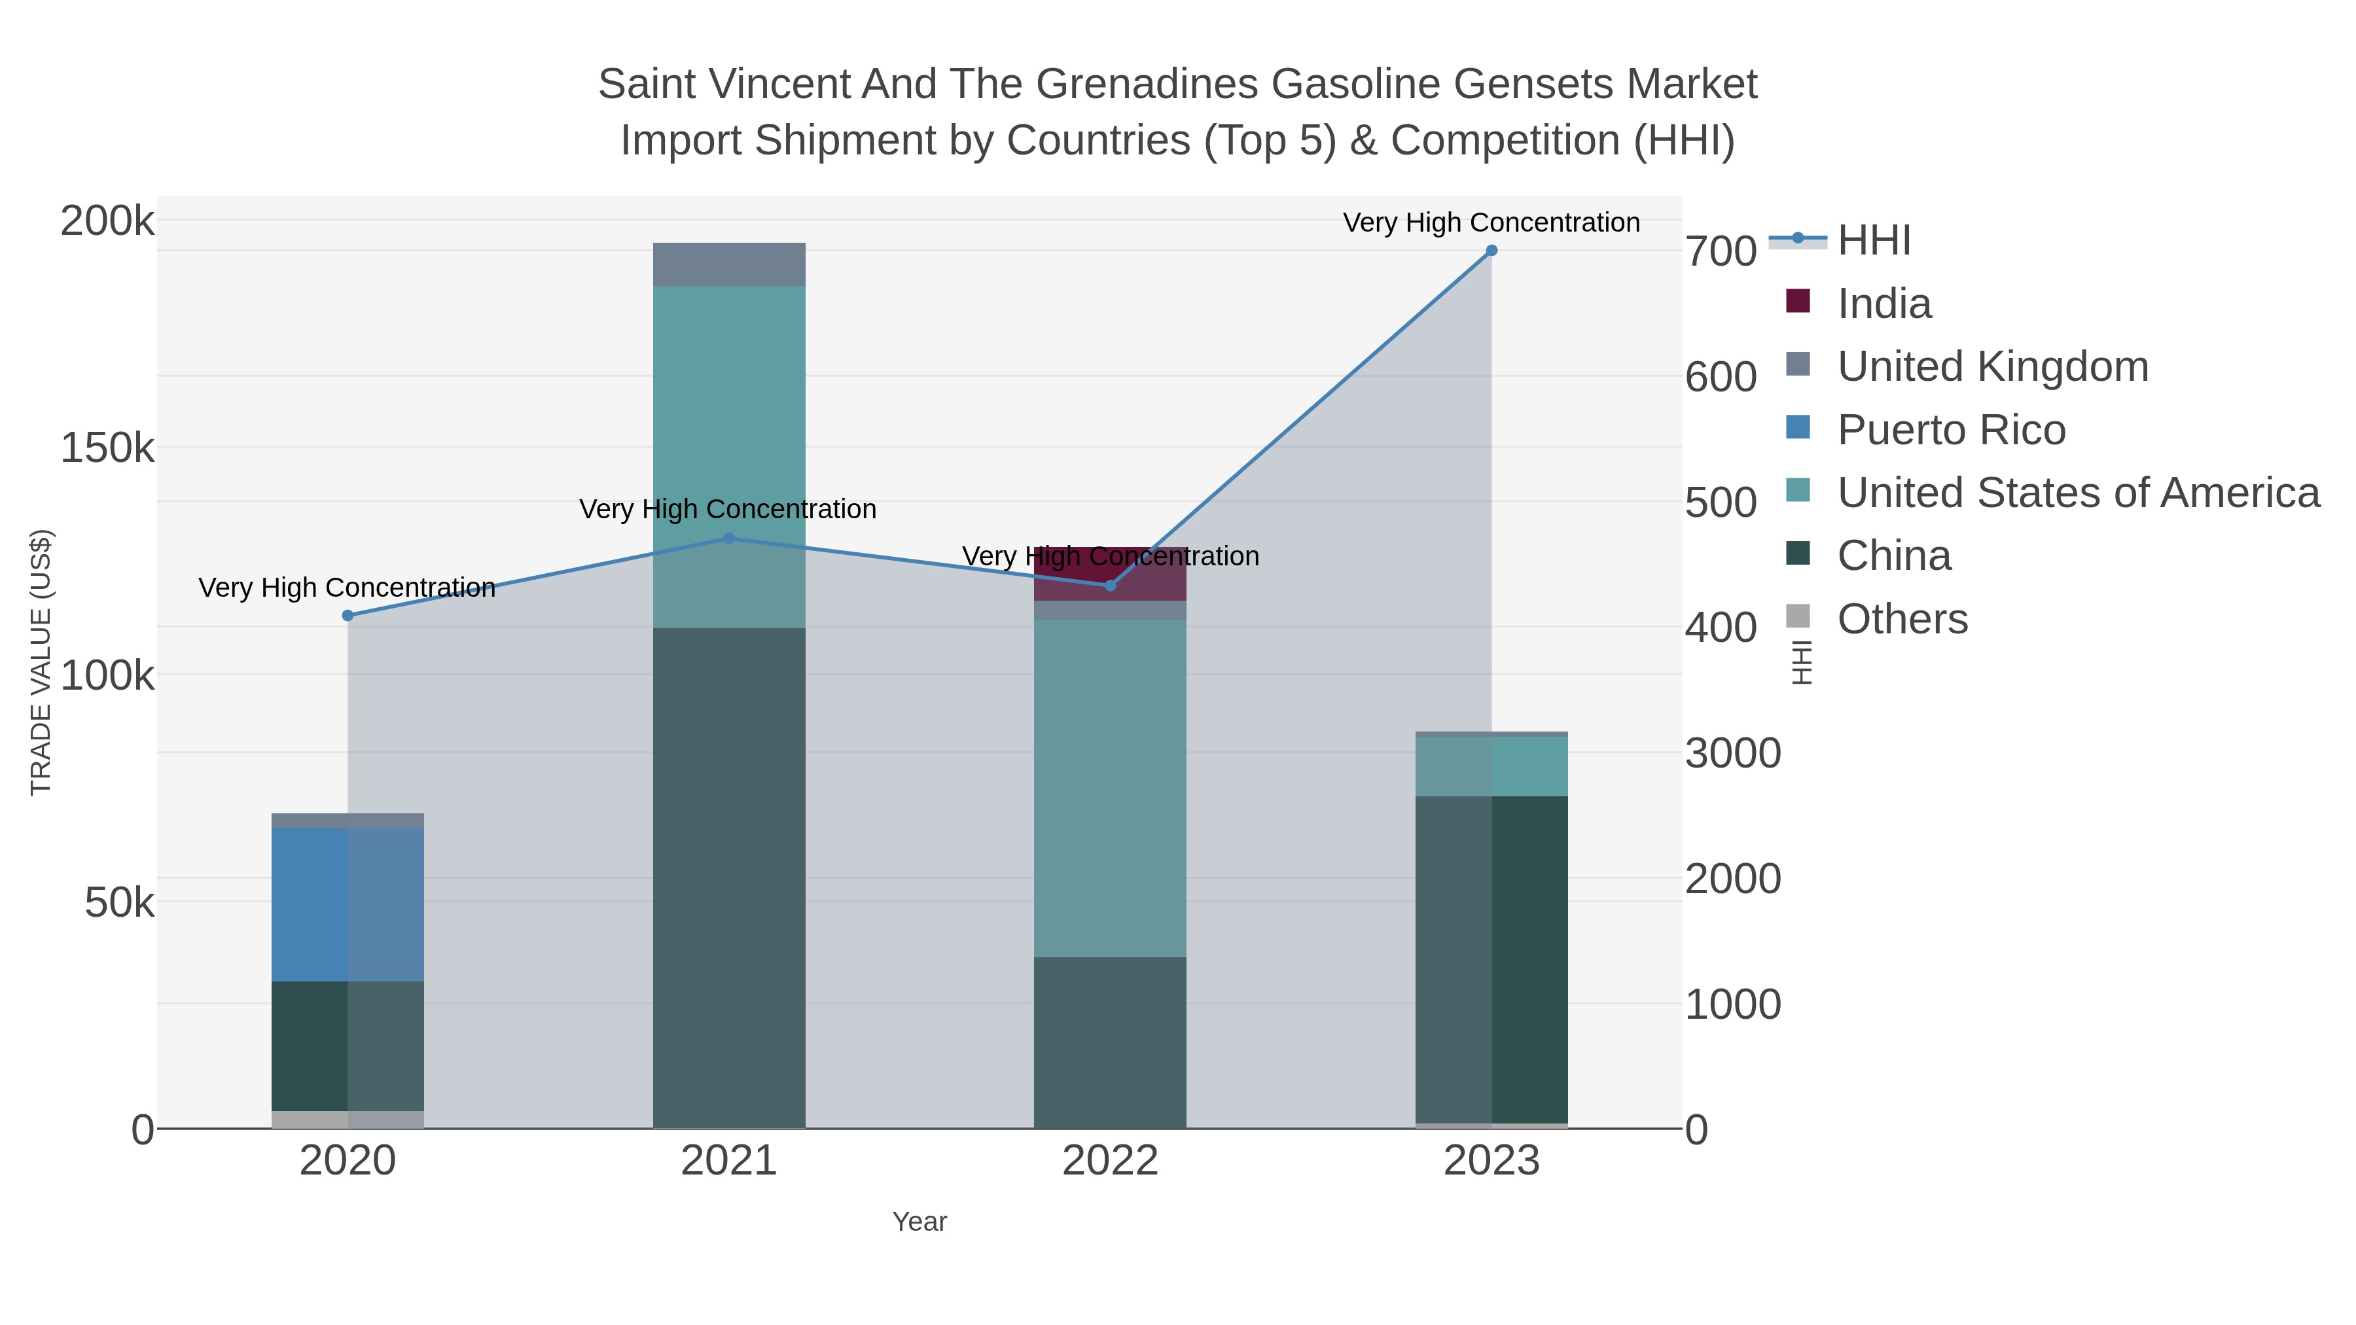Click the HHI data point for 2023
pos(1491,251)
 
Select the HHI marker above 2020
pos(348,616)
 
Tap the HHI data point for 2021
pos(729,539)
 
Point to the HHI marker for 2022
pos(1111,585)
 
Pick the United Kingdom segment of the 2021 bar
pos(729,264)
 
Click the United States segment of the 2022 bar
pos(1111,788)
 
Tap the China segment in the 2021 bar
pos(729,878)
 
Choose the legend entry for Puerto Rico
pos(1951,430)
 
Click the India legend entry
pos(1884,304)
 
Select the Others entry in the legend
pos(1902,619)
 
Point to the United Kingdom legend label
pos(1993,366)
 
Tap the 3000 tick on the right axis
pos(1732,754)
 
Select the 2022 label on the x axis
pos(1111,1161)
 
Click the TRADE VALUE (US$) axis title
pos(41,662)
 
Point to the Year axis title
pos(919,1222)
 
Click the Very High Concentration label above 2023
pos(1491,222)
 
